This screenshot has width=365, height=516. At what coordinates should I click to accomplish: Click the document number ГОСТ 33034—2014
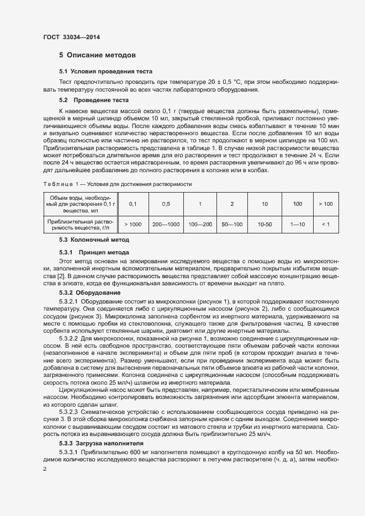point(72,38)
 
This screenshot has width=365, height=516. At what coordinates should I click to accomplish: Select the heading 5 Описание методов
point(97,55)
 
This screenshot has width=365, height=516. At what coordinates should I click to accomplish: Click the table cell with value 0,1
point(133,204)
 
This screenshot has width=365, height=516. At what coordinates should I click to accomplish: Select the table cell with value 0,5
point(166,204)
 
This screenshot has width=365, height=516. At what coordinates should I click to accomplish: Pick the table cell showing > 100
point(325,204)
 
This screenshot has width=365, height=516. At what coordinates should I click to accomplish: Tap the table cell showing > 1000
point(133,225)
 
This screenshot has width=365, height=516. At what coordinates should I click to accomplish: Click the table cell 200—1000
point(166,225)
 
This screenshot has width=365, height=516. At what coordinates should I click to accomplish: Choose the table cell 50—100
point(232,225)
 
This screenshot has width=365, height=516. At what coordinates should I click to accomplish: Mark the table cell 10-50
point(265,225)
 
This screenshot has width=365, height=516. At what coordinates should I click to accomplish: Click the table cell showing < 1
point(325,225)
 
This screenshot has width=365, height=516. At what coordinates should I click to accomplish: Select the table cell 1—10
point(298,225)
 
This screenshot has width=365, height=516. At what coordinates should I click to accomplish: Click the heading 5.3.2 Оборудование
point(90,292)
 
